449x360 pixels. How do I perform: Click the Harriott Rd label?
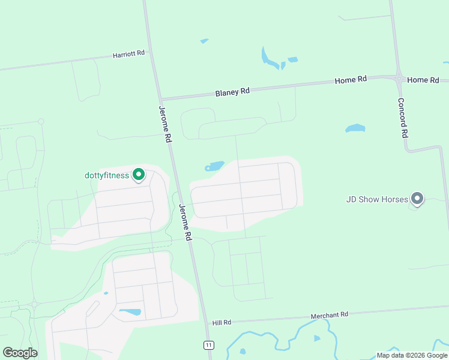click(129, 54)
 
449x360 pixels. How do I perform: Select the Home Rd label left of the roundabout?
click(351, 80)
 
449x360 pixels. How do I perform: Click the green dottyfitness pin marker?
click(139, 175)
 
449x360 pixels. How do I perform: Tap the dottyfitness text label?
click(107, 176)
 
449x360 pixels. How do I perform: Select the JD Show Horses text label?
click(378, 199)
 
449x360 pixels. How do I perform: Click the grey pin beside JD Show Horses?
click(418, 199)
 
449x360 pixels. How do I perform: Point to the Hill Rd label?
click(221, 323)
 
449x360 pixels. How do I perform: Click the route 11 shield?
click(208, 344)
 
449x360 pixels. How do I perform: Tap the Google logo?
click(20, 353)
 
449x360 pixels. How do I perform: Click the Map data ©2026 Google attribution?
click(411, 355)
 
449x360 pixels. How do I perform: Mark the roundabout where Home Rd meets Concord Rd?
click(399, 79)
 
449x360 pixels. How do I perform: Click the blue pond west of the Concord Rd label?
click(355, 128)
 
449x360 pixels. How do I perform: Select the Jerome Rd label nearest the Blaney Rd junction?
click(165, 124)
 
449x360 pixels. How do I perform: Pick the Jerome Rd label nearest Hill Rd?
click(185, 223)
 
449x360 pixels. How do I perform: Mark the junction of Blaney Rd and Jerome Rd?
click(161, 99)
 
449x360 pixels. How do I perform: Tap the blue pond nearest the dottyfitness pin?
click(214, 166)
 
